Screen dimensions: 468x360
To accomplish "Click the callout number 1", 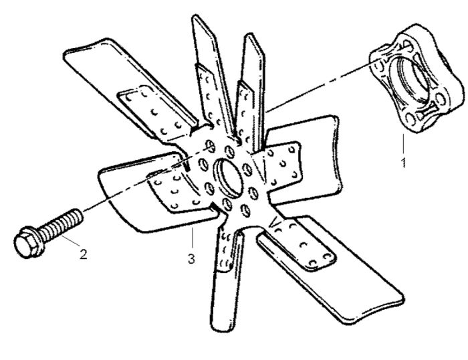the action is point(404,162).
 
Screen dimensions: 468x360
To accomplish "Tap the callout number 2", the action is point(84,254).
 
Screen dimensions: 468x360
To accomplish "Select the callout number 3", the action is point(191,259).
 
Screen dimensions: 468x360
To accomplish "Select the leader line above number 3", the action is point(193,238).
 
